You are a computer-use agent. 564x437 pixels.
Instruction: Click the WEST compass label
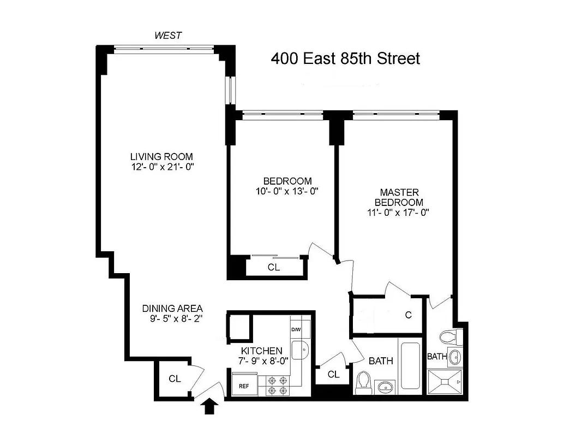pos(167,36)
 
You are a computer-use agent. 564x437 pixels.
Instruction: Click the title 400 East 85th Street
pos(346,58)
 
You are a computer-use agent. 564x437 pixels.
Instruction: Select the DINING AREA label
pos(172,308)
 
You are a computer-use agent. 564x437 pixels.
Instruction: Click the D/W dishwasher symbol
pos(296,330)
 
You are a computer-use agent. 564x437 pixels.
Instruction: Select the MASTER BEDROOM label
pos(399,197)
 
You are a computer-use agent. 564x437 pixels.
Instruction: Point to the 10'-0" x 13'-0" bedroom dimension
pos(287,191)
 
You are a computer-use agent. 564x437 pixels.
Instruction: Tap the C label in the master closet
pos(407,315)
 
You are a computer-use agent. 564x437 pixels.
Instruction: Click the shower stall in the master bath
pos(445,382)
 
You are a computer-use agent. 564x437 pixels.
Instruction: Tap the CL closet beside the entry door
pos(175,378)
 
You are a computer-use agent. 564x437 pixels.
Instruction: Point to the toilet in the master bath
pos(450,335)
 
